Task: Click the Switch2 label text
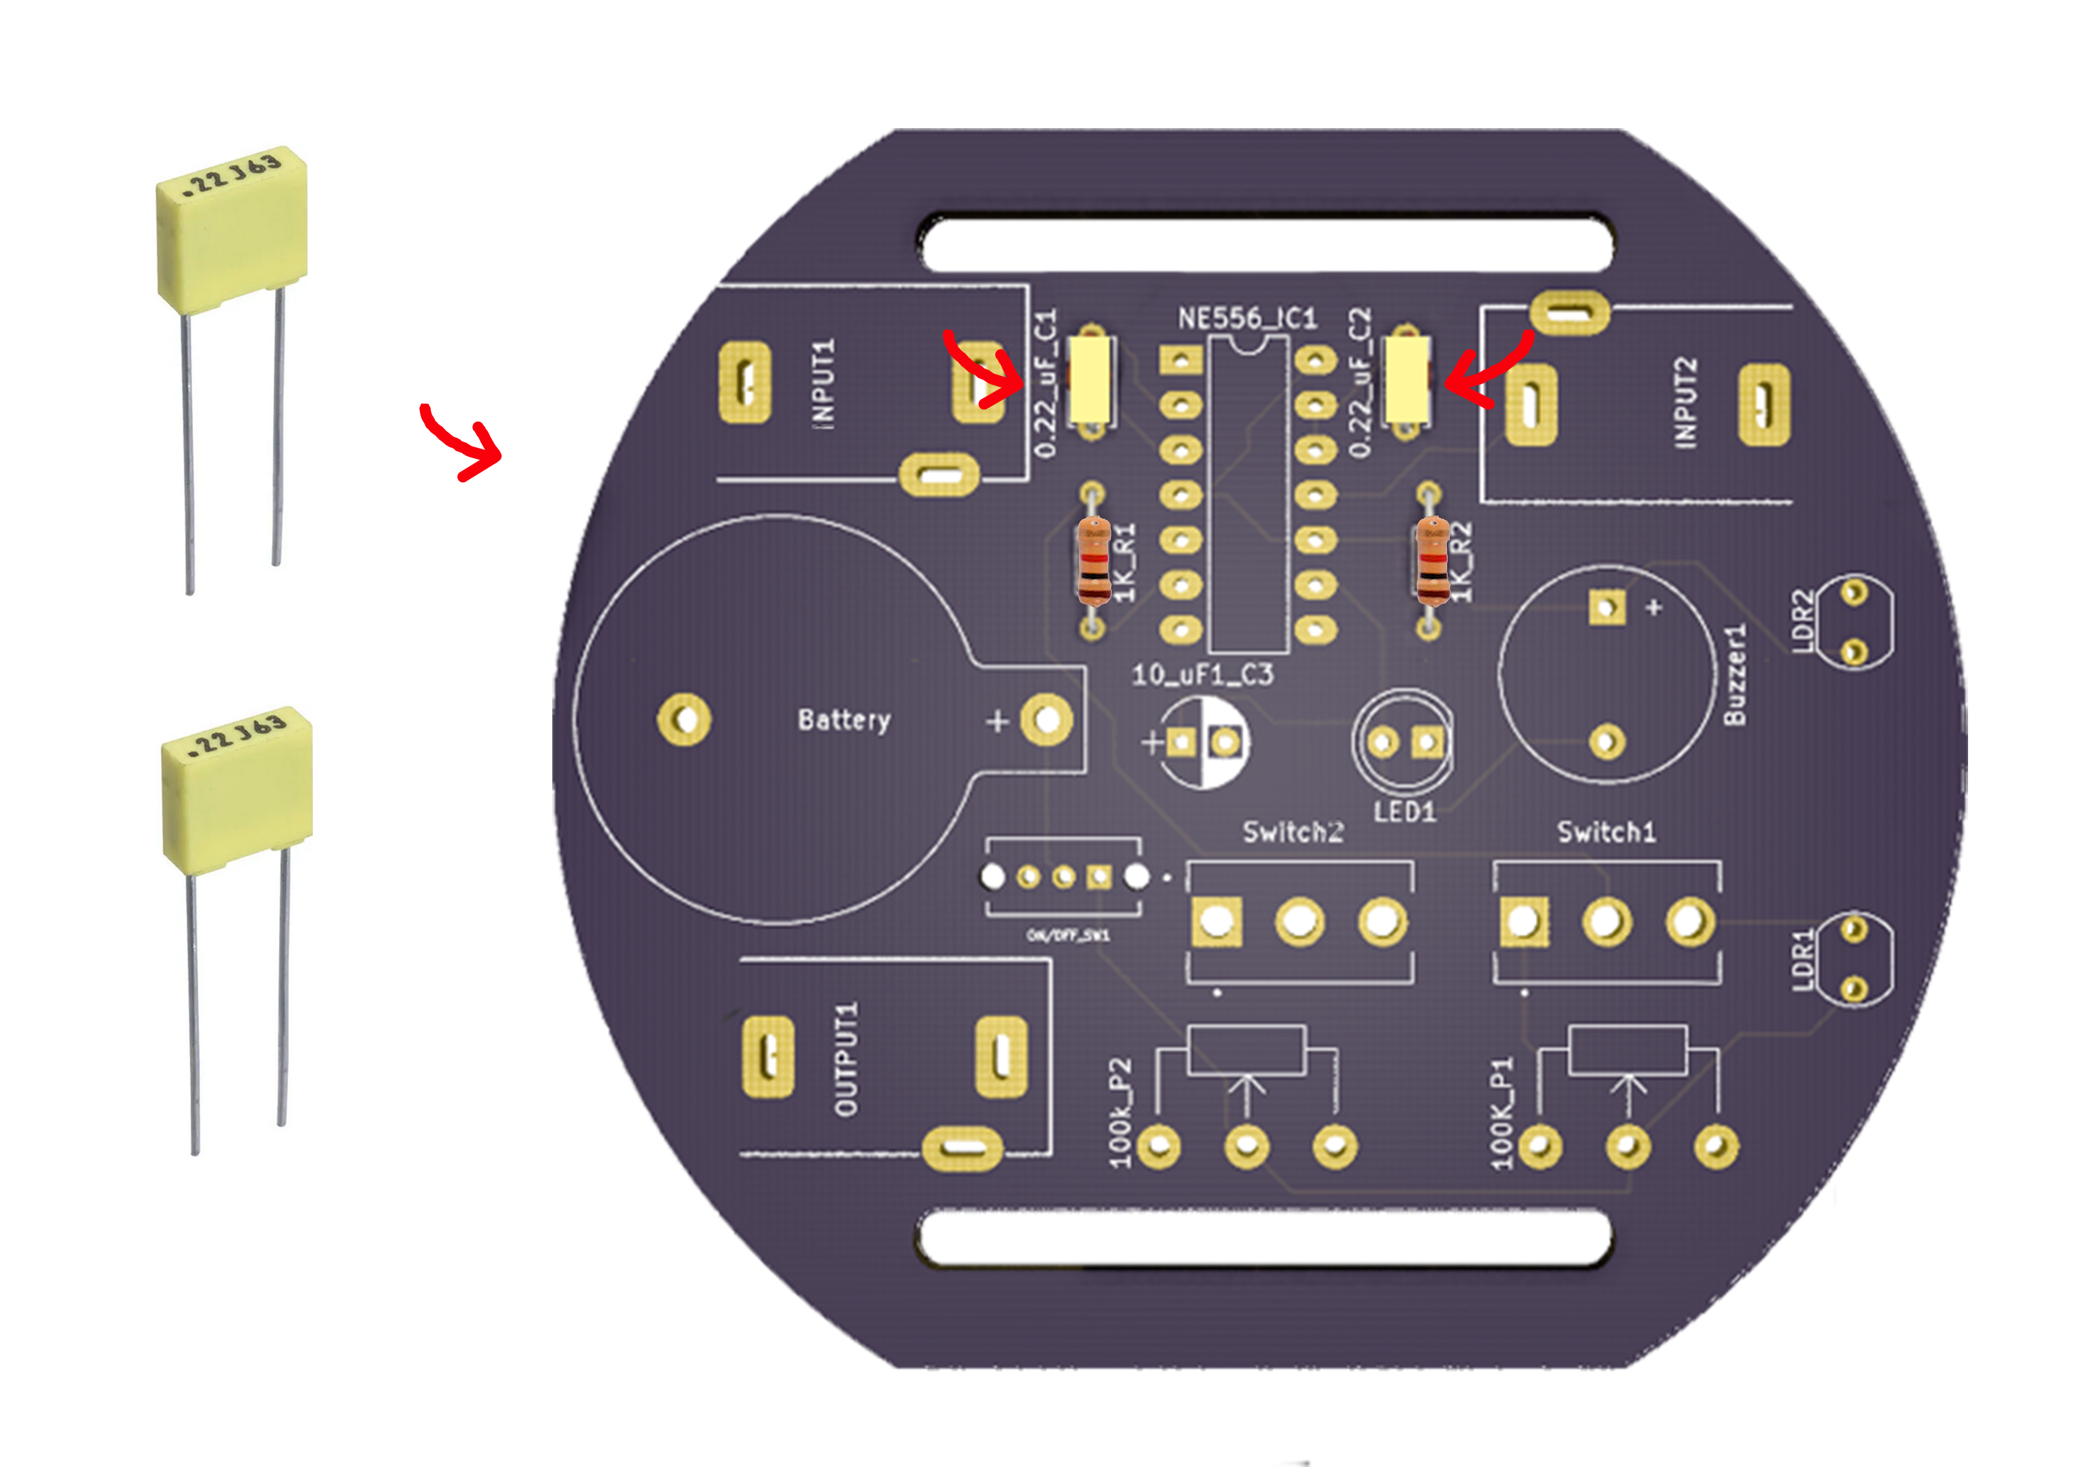pyautogui.click(x=1293, y=831)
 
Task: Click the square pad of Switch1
pyautogui.click(x=1523, y=922)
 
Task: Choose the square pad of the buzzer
pyautogui.click(x=1607, y=607)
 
